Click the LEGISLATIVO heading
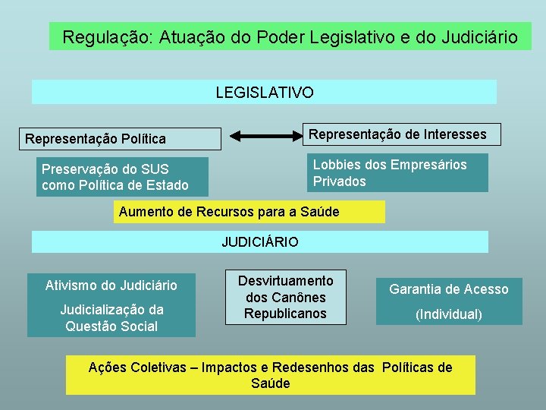tap(264, 93)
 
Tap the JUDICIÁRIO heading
tap(260, 242)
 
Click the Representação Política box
tap(121, 139)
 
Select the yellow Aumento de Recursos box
tap(249, 212)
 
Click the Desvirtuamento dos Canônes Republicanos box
tap(284, 297)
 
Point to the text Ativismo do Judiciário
tap(111, 285)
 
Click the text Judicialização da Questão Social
tap(111, 318)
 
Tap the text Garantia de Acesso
tap(449, 289)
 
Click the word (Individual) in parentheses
tap(449, 314)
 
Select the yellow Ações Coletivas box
tap(271, 375)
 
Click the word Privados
tap(340, 181)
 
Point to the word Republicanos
tap(285, 314)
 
